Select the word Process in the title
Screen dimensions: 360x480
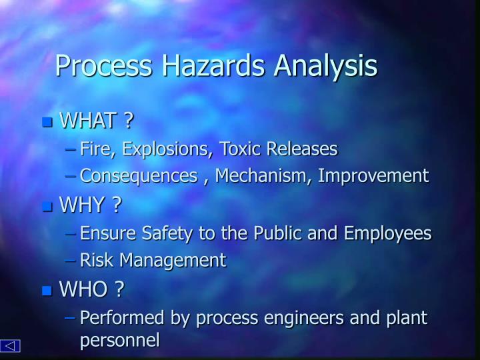pyautogui.click(x=103, y=66)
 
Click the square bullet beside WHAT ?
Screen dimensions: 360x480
pyautogui.click(x=46, y=122)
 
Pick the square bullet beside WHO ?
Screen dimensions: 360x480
pyautogui.click(x=46, y=290)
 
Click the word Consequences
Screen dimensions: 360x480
pyautogui.click(x=137, y=176)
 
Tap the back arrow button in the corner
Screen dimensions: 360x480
pyautogui.click(x=11, y=345)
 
